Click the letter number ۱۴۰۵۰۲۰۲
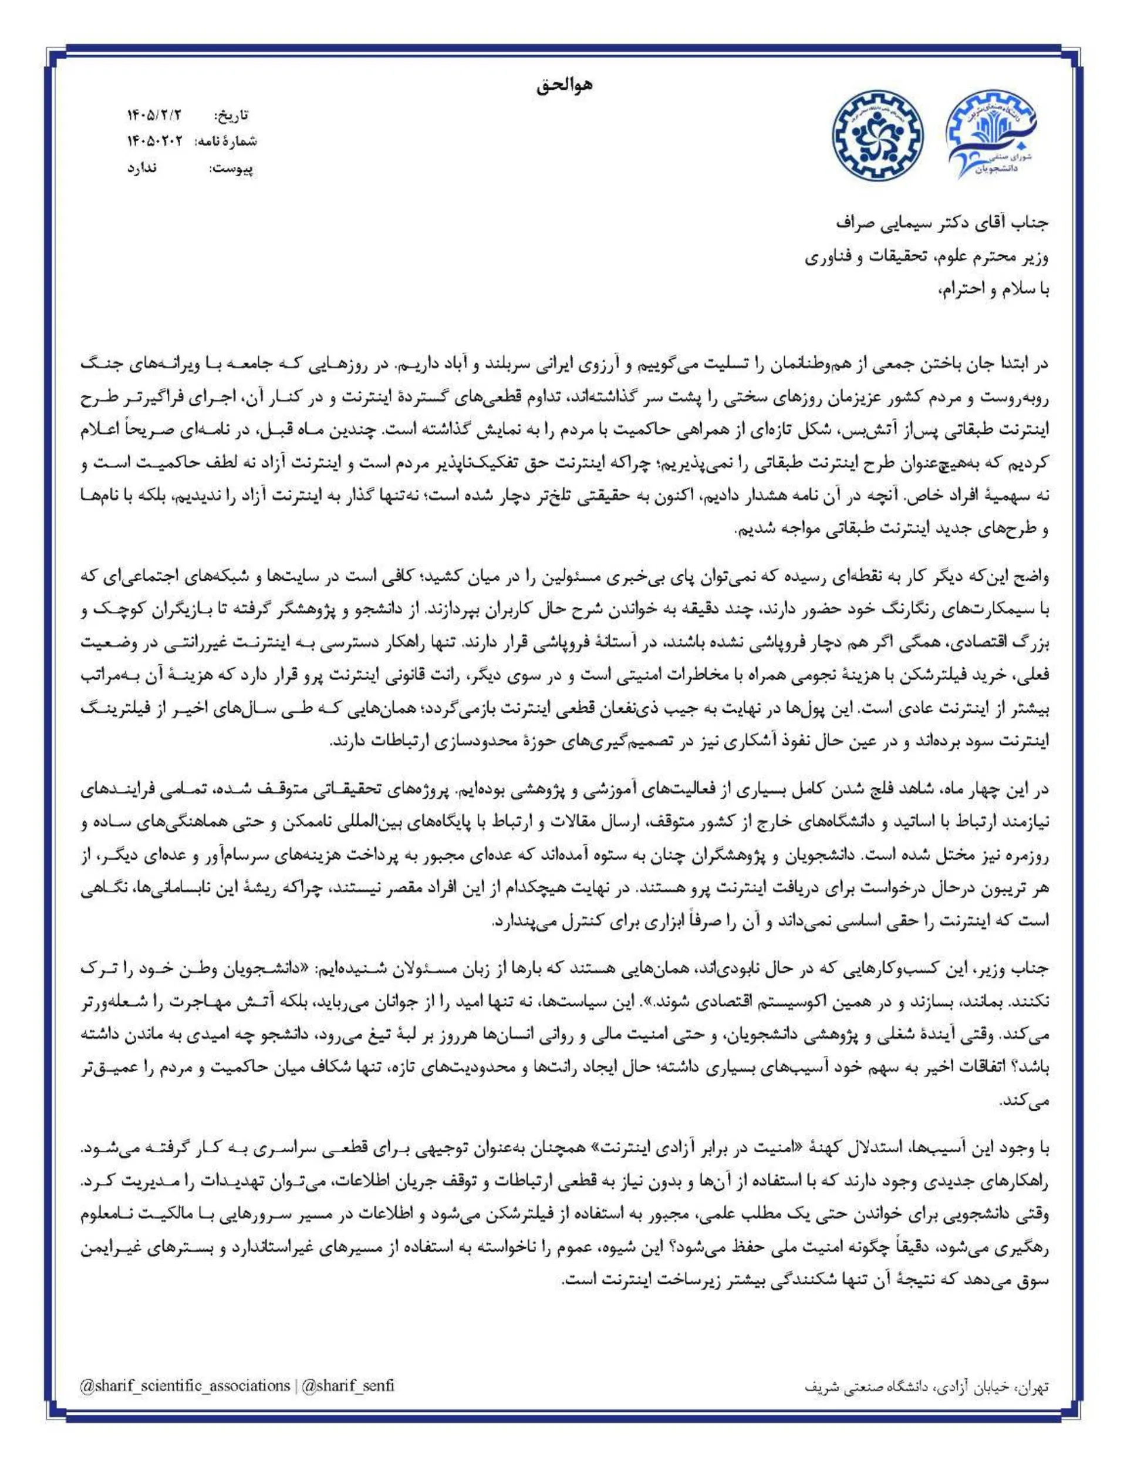pos(155,142)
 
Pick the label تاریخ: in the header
pos(231,116)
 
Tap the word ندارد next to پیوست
pos(142,168)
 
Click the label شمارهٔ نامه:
pos(225,142)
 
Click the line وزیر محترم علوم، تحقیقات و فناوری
pos(926,257)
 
